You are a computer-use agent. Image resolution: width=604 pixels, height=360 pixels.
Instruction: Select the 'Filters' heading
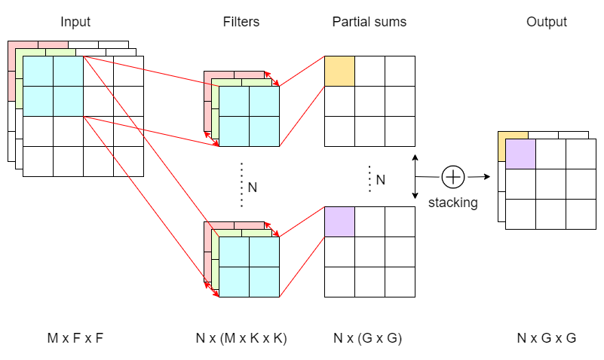point(241,22)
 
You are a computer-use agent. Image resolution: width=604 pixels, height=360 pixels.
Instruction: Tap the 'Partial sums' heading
point(369,22)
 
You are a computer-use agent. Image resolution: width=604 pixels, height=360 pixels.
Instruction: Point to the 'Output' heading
point(547,22)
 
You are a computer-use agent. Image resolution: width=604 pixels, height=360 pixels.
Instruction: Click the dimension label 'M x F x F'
point(75,338)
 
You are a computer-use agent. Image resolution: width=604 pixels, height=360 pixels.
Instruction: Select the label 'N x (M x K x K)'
point(241,338)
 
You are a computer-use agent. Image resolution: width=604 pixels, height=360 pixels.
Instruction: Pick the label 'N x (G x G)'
point(369,338)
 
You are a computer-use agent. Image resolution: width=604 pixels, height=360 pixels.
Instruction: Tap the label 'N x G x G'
point(547,338)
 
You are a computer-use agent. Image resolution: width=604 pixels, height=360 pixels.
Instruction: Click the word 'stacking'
point(452,203)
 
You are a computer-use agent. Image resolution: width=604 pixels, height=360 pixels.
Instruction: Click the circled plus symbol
point(452,177)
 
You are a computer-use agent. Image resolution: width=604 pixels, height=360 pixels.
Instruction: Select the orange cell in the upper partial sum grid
point(339,71)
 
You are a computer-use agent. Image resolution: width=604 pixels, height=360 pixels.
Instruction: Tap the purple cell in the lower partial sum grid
point(339,221)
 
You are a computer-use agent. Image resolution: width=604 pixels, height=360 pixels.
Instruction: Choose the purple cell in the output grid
point(520,154)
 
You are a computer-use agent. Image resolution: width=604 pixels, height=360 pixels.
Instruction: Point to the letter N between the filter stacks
point(253,186)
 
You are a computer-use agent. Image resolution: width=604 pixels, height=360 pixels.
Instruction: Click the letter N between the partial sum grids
point(381,179)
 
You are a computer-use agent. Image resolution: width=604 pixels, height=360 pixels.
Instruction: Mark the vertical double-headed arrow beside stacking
point(415,177)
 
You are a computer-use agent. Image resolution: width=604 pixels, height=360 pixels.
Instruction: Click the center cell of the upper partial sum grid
point(369,101)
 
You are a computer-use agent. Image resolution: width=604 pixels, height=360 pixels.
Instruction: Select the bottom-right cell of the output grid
point(581,214)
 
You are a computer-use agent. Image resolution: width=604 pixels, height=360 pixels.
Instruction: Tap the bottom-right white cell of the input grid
point(128,161)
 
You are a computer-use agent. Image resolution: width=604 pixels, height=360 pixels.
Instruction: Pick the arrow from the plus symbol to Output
point(477,177)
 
